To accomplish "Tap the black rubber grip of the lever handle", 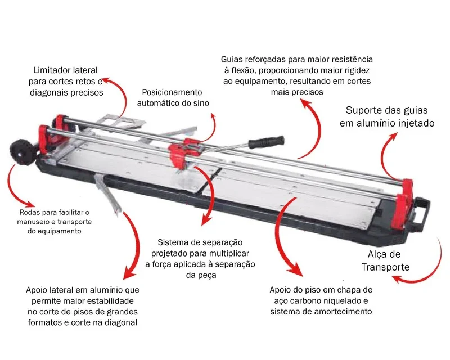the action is (x=266, y=142).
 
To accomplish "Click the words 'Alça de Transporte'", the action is (x=385, y=260).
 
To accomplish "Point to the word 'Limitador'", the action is (x=48, y=70).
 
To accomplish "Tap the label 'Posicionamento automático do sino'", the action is (x=173, y=98).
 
